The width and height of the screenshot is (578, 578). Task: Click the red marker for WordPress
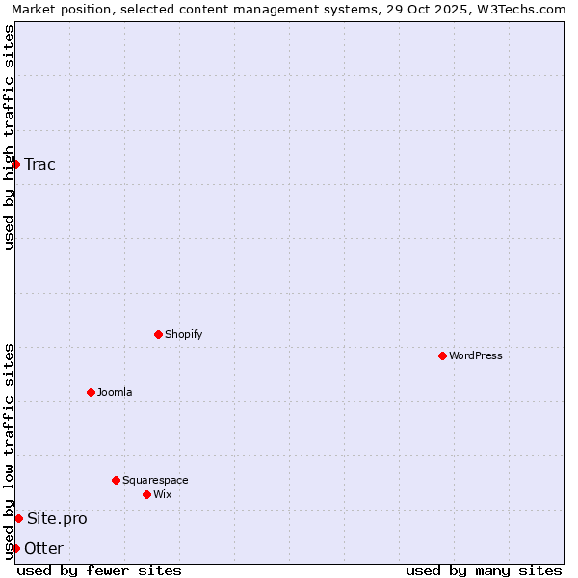pyautogui.click(x=442, y=355)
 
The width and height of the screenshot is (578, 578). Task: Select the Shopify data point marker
pyautogui.click(x=158, y=334)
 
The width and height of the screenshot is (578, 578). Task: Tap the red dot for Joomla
pyautogui.click(x=91, y=392)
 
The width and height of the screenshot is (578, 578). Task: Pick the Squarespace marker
pyautogui.click(x=116, y=480)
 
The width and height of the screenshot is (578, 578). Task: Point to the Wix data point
pyautogui.click(x=146, y=494)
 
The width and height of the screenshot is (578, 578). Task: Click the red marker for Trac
pyautogui.click(x=15, y=164)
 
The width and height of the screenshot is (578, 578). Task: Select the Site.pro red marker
pyautogui.click(x=18, y=518)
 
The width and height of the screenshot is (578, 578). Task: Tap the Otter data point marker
pyautogui.click(x=15, y=548)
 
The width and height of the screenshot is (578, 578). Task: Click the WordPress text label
pyautogui.click(x=476, y=355)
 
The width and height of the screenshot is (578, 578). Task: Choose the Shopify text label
pyautogui.click(x=184, y=334)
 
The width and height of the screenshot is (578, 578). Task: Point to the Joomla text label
pyautogui.click(x=115, y=392)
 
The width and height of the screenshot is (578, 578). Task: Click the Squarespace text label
pyautogui.click(x=155, y=480)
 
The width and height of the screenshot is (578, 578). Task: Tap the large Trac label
pyautogui.click(x=40, y=164)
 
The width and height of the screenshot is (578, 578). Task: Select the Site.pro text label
pyautogui.click(x=57, y=518)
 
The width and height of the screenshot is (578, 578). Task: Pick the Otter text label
pyautogui.click(x=44, y=548)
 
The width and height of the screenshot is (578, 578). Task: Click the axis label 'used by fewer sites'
pyautogui.click(x=99, y=570)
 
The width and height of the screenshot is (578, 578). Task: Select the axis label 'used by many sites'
pyautogui.click(x=484, y=570)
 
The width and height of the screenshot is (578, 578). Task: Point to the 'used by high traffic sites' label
pyautogui.click(x=9, y=137)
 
